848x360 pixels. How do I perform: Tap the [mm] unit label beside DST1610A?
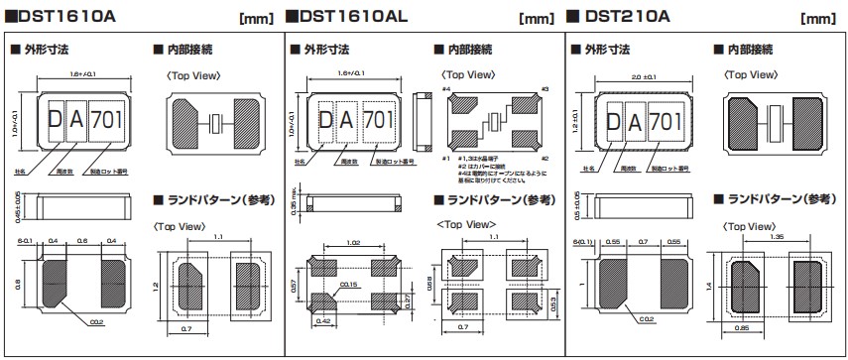[x=257, y=17]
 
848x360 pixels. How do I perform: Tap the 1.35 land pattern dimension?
[x=778, y=238]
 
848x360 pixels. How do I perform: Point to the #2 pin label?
[x=545, y=158]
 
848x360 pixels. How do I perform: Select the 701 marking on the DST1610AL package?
[x=376, y=119]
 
